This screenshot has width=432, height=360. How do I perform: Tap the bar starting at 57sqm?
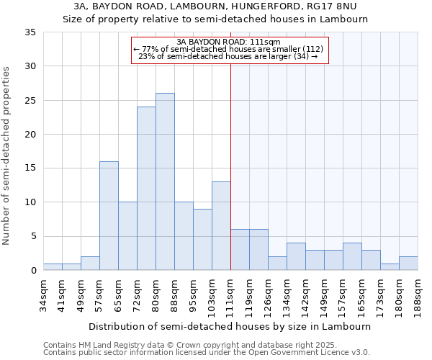click(109, 216)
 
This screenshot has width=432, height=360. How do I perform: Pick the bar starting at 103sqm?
click(221, 226)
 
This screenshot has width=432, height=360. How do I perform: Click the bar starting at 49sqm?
click(90, 264)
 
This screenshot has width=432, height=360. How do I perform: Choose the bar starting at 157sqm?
click(352, 257)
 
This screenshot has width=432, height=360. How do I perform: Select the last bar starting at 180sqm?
click(408, 264)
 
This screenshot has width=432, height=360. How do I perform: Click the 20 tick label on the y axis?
click(30, 135)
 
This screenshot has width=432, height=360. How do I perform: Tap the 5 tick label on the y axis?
click(33, 237)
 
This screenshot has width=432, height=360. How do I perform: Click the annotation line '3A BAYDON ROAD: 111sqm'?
click(228, 42)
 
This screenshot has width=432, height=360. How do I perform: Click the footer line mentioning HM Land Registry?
click(190, 345)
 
